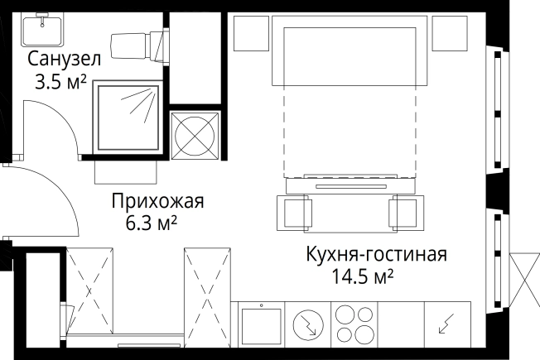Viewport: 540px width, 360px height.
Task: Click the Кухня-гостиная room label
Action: tap(376, 254)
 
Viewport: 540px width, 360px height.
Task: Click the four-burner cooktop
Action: tap(354, 324)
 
